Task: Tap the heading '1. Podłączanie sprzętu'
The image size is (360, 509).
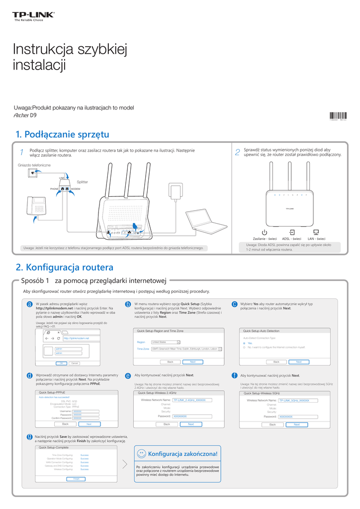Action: click(x=62, y=134)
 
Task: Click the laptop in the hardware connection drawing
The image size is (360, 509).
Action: click(x=204, y=221)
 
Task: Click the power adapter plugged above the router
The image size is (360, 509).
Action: click(x=176, y=191)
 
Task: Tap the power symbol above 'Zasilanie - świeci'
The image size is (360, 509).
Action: click(x=265, y=232)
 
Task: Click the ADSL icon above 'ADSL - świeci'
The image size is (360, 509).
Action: click(x=292, y=232)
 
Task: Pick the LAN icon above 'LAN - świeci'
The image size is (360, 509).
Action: click(x=316, y=232)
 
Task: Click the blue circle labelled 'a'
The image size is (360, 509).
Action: click(x=30, y=304)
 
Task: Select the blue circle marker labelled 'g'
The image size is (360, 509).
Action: click(x=30, y=436)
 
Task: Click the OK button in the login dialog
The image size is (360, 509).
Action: click(x=61, y=363)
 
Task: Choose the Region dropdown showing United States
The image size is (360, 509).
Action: click(x=165, y=342)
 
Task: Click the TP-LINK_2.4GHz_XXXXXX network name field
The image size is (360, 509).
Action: click(x=192, y=400)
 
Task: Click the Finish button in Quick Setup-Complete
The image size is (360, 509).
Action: click(x=76, y=479)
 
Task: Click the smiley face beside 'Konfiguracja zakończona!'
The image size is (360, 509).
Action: click(x=141, y=453)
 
